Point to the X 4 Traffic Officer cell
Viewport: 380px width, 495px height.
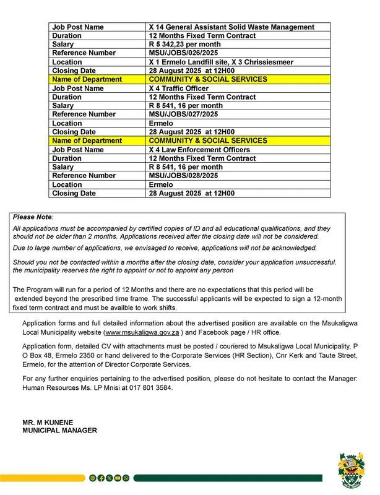[179, 88]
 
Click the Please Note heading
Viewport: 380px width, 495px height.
[33, 218]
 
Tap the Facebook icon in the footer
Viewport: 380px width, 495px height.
[101, 478]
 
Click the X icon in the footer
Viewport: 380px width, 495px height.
[110, 478]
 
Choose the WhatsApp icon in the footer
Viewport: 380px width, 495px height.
[126, 478]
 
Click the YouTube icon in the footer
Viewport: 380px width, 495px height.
[118, 478]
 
